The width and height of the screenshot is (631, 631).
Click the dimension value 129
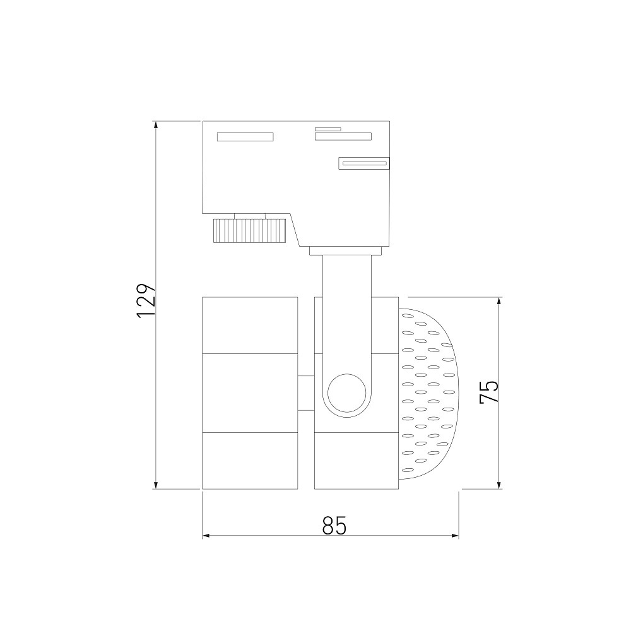coord(146,301)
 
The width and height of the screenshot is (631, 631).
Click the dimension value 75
coord(489,391)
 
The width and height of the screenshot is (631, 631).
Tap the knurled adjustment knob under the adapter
coord(249,230)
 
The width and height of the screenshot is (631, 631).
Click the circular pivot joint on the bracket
coord(347,392)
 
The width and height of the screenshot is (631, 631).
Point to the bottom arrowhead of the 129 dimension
coord(156,484)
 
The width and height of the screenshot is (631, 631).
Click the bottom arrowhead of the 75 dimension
coord(499,484)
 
